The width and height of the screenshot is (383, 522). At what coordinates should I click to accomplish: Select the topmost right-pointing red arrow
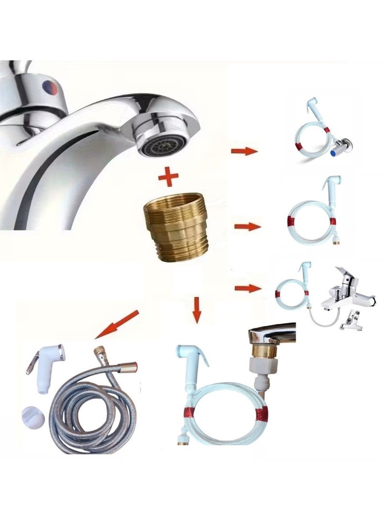point(244,151)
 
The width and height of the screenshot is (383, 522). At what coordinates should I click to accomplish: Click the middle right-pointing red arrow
point(248,226)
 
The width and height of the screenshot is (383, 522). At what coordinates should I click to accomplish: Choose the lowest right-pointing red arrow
point(248,288)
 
